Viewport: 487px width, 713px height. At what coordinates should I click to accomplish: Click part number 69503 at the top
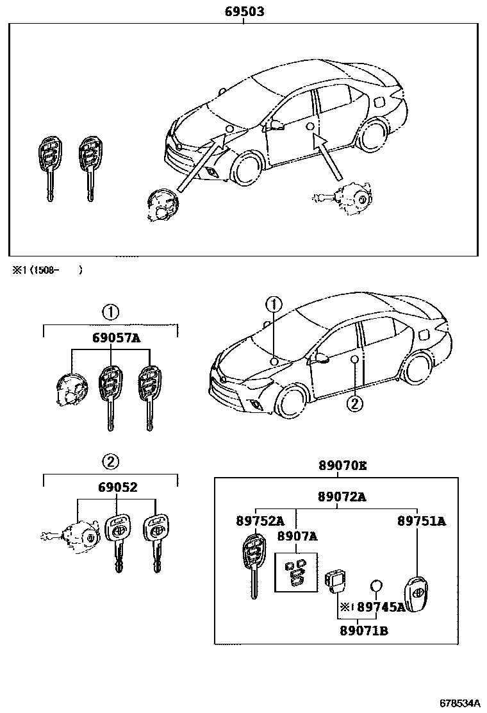point(244,12)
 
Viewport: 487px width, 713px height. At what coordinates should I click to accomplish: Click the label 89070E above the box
point(343,467)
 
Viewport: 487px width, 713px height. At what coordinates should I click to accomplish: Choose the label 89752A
point(258,521)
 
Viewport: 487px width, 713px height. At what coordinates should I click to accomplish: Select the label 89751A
point(421,521)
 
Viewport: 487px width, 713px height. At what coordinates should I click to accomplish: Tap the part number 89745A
point(381,607)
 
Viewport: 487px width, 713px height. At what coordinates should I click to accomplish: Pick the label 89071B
point(363,630)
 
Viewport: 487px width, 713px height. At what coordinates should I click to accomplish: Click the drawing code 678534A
point(459,702)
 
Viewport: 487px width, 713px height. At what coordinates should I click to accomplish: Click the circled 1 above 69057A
point(110,312)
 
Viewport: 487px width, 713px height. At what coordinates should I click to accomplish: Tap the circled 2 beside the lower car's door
point(354,403)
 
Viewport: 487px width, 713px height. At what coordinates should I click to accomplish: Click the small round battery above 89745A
point(377,585)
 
